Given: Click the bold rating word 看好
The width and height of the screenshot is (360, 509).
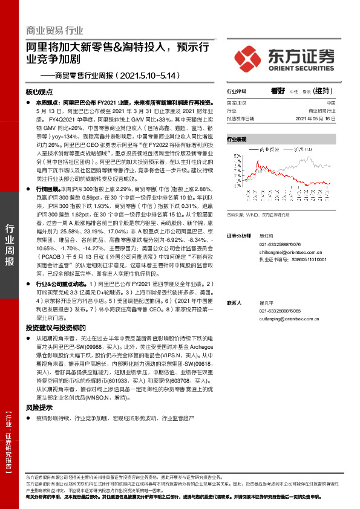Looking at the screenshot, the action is [278, 91].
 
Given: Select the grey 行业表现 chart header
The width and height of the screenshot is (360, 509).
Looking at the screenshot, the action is [237, 139].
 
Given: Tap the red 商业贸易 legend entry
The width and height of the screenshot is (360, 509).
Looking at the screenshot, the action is [266, 148].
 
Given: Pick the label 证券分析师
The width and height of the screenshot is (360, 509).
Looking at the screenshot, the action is [238, 235].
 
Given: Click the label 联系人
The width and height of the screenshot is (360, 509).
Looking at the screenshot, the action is [234, 302].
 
